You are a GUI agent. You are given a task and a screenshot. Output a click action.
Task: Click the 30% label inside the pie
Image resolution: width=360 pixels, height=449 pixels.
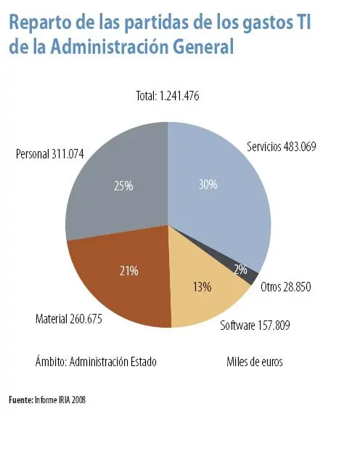tap(208, 185)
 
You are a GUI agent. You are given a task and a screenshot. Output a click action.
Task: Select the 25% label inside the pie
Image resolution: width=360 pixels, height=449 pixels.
tap(123, 186)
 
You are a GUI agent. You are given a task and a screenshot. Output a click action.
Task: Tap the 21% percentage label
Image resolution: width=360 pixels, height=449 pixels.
tap(129, 271)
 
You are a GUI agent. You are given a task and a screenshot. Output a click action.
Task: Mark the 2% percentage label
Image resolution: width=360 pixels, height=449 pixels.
tap(240, 270)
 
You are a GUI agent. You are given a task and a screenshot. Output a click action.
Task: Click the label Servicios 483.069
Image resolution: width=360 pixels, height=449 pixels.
tap(281, 146)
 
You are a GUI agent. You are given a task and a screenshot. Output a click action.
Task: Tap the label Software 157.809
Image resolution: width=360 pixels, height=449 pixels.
tap(255, 325)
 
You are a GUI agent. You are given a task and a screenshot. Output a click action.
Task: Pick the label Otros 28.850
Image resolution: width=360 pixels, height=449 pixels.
tap(285, 287)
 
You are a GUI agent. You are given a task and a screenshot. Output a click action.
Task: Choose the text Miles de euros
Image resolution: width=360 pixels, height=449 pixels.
tap(254, 361)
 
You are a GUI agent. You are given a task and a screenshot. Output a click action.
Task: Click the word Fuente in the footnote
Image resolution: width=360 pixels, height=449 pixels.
tap(20, 400)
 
